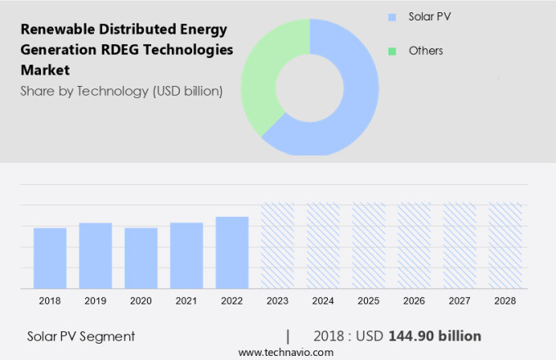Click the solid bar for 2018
pyautogui.click(x=50, y=258)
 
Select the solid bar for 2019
pyautogui.click(x=96, y=255)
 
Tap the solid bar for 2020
pyautogui.click(x=141, y=258)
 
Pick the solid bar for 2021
pyautogui.click(x=186, y=255)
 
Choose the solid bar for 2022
pyautogui.click(x=232, y=252)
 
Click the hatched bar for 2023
pyautogui.click(x=277, y=245)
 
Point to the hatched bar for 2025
pyautogui.click(x=369, y=245)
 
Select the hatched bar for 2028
pyautogui.click(x=505, y=245)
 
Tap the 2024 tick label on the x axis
pyautogui.click(x=323, y=301)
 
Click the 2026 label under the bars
pyautogui.click(x=414, y=301)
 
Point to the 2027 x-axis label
pyautogui.click(x=460, y=301)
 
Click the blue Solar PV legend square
pyautogui.click(x=392, y=16)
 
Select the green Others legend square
pyautogui.click(x=392, y=51)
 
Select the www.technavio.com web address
pyautogui.click(x=286, y=352)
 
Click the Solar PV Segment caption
pyautogui.click(x=81, y=336)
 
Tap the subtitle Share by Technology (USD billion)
pyautogui.click(x=121, y=91)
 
